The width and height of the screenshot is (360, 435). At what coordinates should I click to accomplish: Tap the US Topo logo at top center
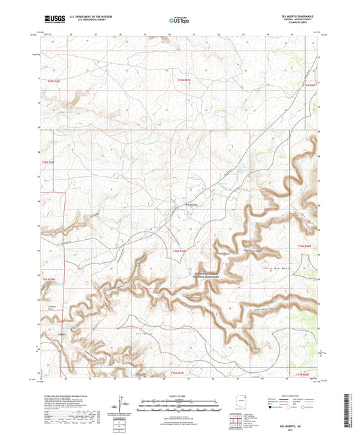pyautogui.click(x=178, y=21)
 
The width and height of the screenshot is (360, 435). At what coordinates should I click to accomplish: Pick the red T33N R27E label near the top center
pyautogui.click(x=184, y=80)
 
